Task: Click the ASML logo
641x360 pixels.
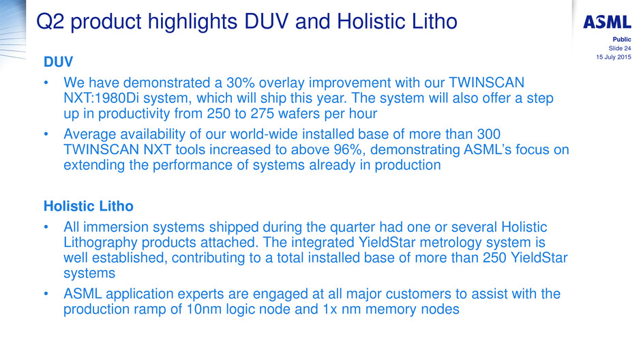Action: [607, 22]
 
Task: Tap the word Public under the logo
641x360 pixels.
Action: [622, 40]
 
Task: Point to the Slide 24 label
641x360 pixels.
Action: [620, 48]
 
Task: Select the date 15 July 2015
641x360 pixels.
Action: [614, 57]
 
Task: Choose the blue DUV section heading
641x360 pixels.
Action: [59, 61]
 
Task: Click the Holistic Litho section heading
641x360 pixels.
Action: [89, 206]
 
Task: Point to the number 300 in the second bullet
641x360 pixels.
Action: [488, 134]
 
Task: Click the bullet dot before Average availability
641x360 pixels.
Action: [46, 134]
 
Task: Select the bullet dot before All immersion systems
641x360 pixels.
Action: [46, 227]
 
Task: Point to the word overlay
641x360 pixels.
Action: [282, 83]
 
